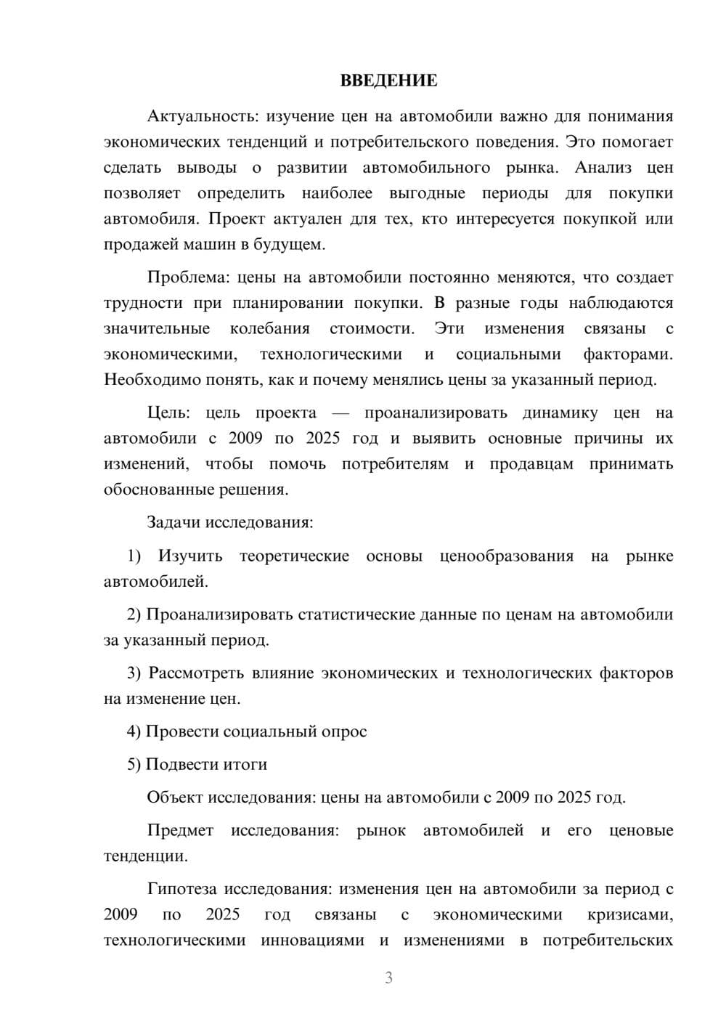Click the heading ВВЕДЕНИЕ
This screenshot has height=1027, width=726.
point(388,81)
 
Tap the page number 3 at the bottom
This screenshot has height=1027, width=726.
point(388,978)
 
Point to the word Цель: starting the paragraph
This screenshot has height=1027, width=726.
point(168,413)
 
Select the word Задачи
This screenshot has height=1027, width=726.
point(174,522)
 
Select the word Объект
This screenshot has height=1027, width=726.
point(175,797)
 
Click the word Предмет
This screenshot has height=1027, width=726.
point(180,830)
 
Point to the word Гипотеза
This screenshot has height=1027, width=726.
point(182,889)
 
